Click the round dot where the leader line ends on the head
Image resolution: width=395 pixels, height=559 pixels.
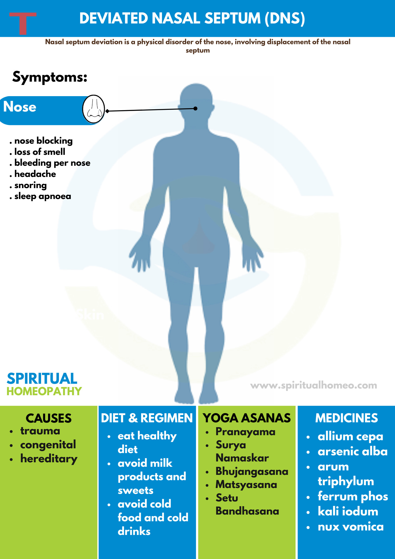(x=196, y=108)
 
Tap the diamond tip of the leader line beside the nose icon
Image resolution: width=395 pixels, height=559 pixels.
(x=107, y=111)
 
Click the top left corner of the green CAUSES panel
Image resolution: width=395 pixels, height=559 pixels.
(x=0, y=406)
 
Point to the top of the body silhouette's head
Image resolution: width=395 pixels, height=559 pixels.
(x=196, y=83)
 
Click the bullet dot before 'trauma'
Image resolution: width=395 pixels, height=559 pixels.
(x=11, y=432)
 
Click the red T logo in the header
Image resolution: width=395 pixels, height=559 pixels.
(x=23, y=23)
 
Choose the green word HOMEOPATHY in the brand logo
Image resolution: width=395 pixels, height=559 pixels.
(x=44, y=391)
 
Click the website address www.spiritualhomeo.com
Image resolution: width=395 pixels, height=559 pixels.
(x=314, y=385)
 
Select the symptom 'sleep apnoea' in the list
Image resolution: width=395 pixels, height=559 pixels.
(x=43, y=196)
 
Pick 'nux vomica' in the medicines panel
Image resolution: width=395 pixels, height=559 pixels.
(x=351, y=527)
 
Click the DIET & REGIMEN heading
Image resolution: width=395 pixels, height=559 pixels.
(x=147, y=418)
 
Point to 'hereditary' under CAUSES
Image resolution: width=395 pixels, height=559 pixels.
(x=49, y=459)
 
